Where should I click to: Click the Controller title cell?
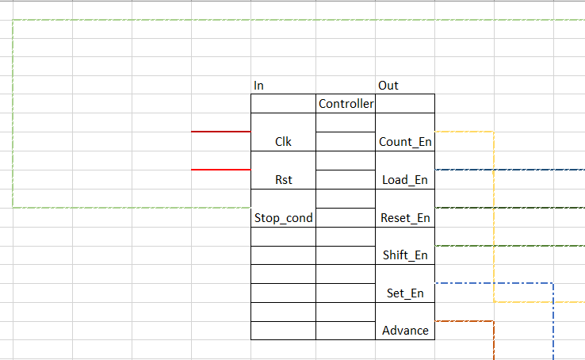click(346, 103)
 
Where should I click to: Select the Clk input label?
click(283, 142)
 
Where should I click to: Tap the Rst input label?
click(283, 180)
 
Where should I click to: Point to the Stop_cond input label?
click(283, 218)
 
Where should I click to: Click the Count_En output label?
click(405, 142)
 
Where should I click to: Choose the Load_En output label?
click(405, 180)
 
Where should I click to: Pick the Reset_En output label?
click(405, 218)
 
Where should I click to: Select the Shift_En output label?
click(405, 255)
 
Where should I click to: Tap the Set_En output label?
click(405, 293)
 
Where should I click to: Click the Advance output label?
click(405, 331)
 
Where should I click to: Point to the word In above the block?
click(258, 86)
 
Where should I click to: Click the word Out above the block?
click(388, 86)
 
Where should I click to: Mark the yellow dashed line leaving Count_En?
click(494, 214)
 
